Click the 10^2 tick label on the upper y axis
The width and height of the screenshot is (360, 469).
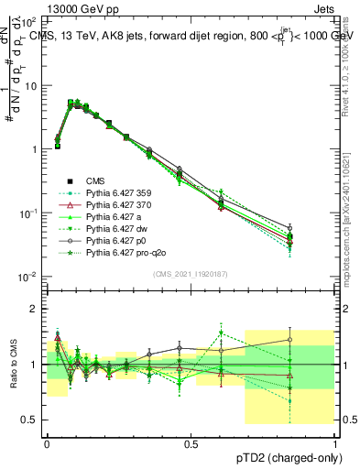[x=27, y=21]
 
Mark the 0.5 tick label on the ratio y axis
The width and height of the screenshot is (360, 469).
[x=30, y=420]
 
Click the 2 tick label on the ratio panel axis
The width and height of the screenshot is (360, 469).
[x=36, y=309]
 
